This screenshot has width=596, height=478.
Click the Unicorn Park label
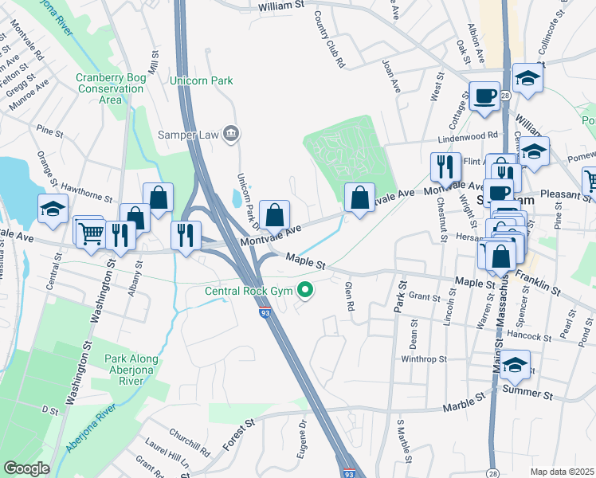coord(201,81)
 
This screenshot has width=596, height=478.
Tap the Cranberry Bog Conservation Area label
coord(111,88)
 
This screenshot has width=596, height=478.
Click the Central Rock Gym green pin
coord(304,291)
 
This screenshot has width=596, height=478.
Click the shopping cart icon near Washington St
coord(90,233)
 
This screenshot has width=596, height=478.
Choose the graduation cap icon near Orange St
coord(53,210)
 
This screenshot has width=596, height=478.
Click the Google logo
coord(26,468)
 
